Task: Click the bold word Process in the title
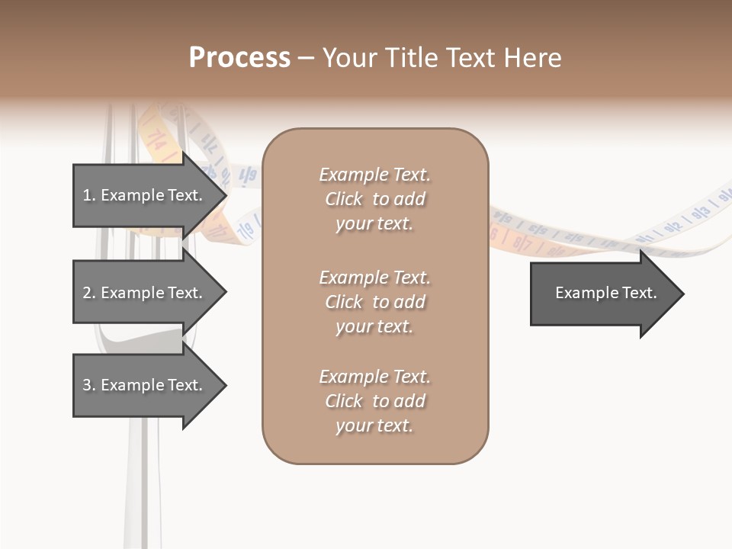tap(239, 58)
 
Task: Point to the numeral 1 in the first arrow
tap(87, 195)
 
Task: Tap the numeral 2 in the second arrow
tap(87, 293)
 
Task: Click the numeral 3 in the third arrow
tap(87, 385)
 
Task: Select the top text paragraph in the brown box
tap(374, 199)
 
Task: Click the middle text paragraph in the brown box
tap(374, 302)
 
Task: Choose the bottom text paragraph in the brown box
tap(374, 401)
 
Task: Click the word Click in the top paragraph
tap(344, 199)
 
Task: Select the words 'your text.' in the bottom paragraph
tap(374, 425)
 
